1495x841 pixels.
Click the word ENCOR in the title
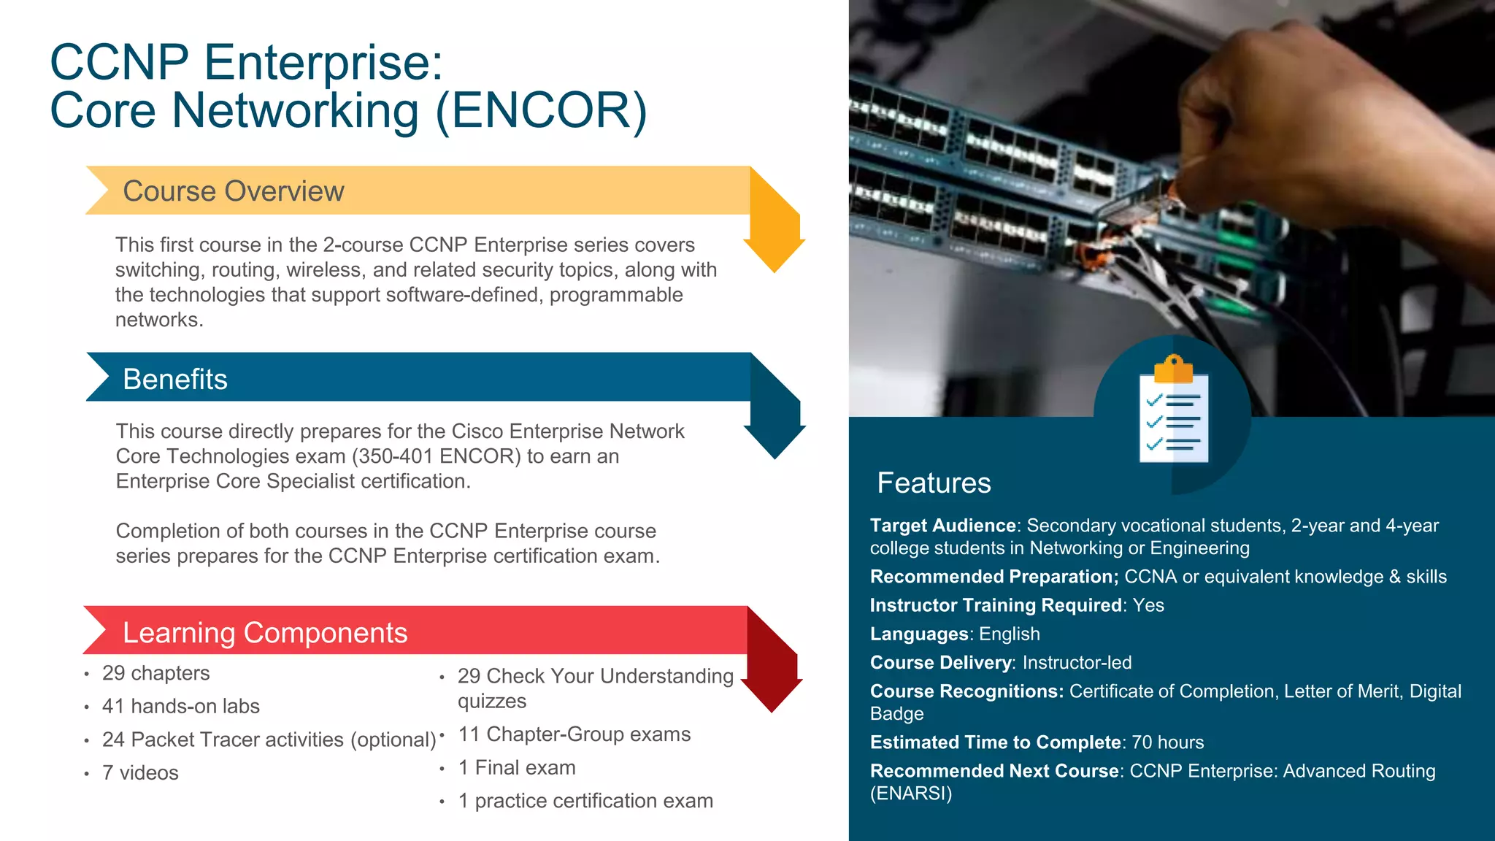click(541, 111)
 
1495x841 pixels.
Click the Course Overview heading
click(233, 191)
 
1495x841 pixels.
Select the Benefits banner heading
click(175, 380)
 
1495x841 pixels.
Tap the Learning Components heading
click(264, 633)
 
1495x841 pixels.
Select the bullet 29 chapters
click(155, 673)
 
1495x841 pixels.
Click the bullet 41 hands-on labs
click(180, 707)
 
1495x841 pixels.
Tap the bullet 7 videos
click(140, 773)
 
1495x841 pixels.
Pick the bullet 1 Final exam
click(516, 768)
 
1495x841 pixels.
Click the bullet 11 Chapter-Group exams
click(574, 734)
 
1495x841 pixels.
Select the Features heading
click(934, 483)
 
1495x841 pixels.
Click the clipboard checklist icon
click(1173, 412)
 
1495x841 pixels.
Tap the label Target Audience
click(942, 526)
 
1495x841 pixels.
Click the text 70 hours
click(1167, 742)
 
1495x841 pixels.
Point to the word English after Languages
click(1009, 634)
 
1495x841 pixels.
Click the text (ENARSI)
click(911, 794)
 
